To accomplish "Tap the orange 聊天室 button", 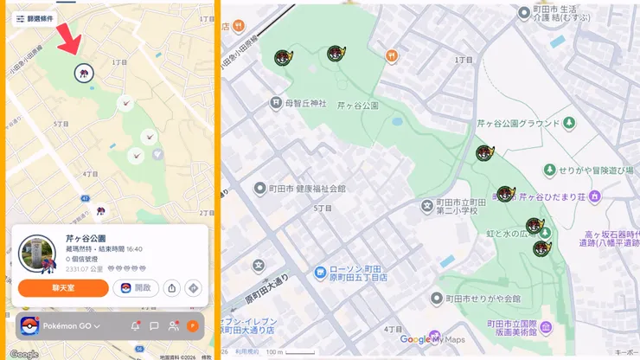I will tap(63, 288).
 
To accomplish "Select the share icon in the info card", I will tap(172, 288).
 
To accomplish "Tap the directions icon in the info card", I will tap(193, 288).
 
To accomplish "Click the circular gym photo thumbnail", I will tap(36, 254).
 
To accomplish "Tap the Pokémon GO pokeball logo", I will tap(29, 326).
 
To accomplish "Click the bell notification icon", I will tap(135, 326).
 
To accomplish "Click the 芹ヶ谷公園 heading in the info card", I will tap(86, 238).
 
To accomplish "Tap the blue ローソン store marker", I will tap(320, 273).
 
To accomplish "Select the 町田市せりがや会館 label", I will tap(477, 299).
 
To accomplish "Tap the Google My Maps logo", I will tap(432, 339).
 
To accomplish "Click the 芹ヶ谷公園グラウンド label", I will tap(519, 125).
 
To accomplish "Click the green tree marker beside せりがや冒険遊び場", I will tap(548, 170).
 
